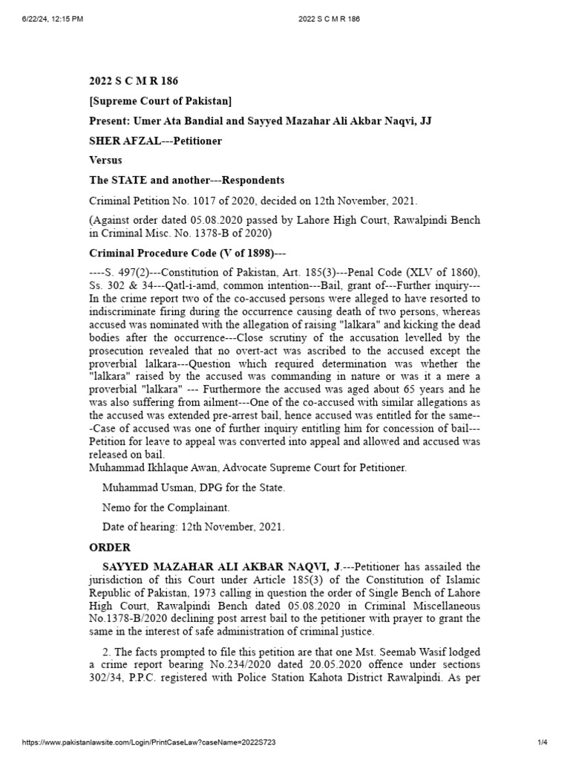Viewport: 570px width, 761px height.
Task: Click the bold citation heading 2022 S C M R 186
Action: [x=134, y=81]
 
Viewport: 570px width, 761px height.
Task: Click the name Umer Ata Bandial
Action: [x=171, y=120]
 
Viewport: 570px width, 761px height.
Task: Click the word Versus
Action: [x=106, y=161]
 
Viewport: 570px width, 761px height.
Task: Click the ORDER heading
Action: [x=110, y=548]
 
